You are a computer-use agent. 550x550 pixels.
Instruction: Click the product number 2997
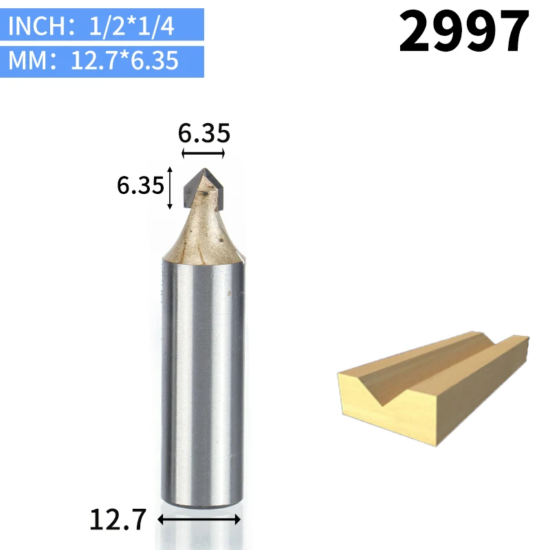(x=463, y=31)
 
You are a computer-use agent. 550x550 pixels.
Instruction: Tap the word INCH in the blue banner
(x=37, y=25)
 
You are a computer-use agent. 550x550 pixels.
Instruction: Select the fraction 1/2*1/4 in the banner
(x=131, y=26)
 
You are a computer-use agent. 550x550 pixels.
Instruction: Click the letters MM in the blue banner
(x=27, y=60)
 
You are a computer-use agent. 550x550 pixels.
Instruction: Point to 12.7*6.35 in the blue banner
(x=124, y=60)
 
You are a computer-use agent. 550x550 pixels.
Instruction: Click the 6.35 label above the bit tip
(x=203, y=133)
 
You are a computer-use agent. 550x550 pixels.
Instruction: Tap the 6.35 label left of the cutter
(x=140, y=185)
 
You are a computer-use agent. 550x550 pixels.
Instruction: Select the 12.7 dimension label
(x=118, y=520)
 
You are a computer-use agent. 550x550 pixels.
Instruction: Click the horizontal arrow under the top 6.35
(x=203, y=153)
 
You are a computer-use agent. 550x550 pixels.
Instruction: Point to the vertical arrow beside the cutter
(x=170, y=188)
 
